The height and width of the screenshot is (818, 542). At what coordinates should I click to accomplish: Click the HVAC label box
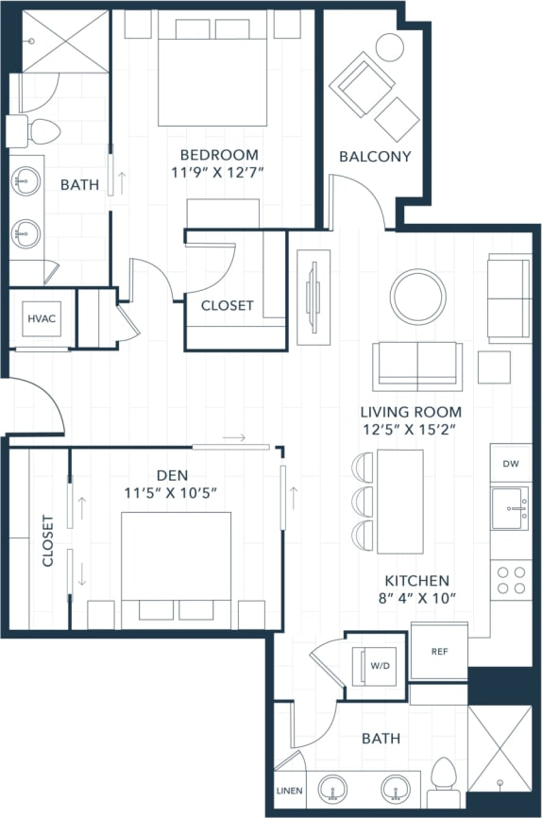click(41, 318)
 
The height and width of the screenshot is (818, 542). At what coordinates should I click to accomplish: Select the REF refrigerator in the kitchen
click(439, 652)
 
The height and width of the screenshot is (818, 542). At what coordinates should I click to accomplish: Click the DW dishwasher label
click(510, 464)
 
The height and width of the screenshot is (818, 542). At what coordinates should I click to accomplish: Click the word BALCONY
click(375, 157)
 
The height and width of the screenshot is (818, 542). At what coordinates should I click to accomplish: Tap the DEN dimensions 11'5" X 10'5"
click(171, 492)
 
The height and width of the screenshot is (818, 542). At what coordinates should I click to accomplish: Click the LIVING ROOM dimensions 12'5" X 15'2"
click(411, 430)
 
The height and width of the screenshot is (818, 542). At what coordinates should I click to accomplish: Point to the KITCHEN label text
click(416, 581)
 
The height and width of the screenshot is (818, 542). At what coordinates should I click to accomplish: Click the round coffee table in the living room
click(418, 297)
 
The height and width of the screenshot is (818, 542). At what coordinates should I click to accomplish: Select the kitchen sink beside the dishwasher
click(511, 511)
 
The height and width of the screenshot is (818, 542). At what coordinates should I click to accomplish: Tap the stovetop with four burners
click(511, 579)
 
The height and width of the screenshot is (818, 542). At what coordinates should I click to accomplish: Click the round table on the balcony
click(389, 46)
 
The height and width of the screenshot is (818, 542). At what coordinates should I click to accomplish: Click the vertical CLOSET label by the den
click(48, 540)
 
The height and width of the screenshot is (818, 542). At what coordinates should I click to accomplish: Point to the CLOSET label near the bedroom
click(227, 305)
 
